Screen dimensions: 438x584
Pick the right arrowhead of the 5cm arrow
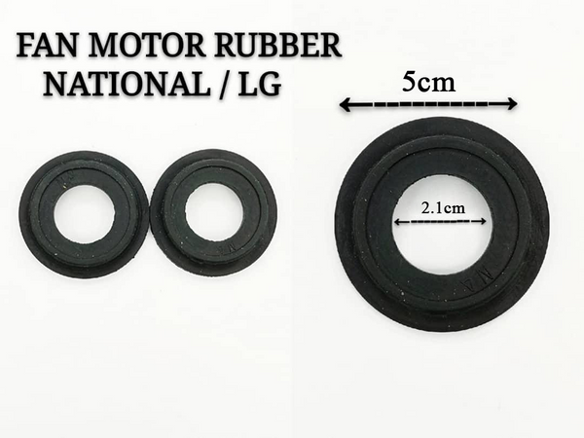(513, 104)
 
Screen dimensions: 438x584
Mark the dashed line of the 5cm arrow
(428, 104)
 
